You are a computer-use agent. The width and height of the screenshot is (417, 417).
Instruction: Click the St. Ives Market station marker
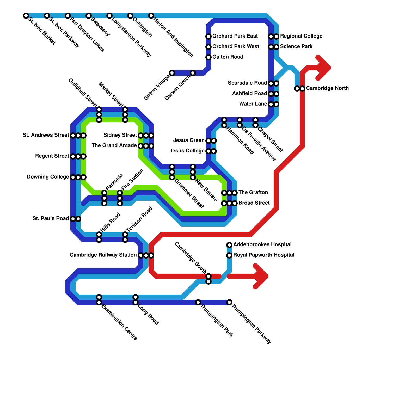26,16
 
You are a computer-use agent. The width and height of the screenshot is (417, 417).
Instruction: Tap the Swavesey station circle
89,16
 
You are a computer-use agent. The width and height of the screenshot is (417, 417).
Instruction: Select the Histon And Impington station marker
151,16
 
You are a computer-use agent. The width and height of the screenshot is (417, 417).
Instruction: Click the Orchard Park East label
235,36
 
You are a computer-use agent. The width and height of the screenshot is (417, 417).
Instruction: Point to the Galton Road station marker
208,57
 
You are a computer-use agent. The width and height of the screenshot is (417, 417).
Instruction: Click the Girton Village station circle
172,73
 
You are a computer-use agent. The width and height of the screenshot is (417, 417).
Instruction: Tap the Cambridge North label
327,88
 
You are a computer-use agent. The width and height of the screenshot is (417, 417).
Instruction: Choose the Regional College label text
301,36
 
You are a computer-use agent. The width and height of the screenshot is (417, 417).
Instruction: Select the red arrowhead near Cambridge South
261,276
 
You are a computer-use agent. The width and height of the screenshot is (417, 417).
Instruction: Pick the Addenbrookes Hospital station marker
229,245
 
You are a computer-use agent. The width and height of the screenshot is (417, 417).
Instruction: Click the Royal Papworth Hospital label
263,255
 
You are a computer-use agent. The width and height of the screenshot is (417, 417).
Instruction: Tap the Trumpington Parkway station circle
229,302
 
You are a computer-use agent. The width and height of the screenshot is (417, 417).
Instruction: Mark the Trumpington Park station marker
198,302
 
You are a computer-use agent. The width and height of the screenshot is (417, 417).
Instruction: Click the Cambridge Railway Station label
103,255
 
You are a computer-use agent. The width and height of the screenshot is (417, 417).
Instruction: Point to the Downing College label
48,177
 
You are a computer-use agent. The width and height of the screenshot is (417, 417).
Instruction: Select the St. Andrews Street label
46,135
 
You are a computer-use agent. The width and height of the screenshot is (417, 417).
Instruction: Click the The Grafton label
253,192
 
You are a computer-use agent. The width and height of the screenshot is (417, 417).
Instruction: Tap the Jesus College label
187,151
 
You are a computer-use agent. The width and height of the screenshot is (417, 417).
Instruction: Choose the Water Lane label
253,104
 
